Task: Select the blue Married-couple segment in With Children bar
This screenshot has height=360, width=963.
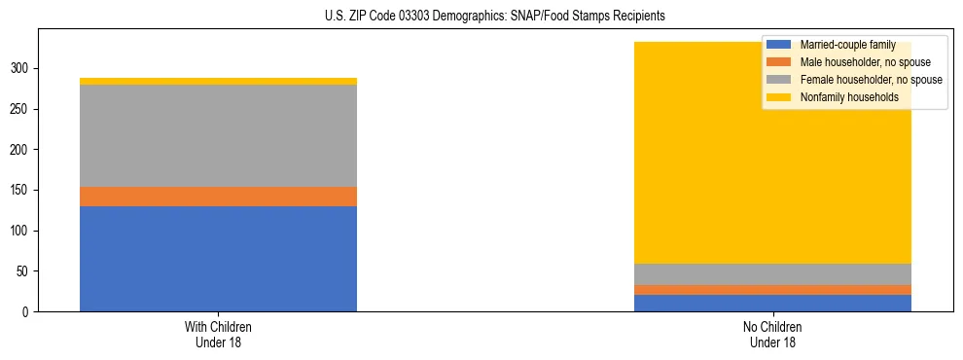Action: point(218,259)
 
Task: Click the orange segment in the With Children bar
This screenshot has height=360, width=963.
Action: point(218,197)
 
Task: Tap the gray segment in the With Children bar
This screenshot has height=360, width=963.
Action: point(218,135)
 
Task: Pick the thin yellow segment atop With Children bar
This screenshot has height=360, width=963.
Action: point(218,82)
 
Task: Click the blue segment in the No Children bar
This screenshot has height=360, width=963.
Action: point(773,303)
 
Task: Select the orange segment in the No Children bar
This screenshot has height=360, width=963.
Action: point(773,290)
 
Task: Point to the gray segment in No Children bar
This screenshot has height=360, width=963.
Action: point(773,274)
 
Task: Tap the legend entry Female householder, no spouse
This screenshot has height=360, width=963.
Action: point(870,80)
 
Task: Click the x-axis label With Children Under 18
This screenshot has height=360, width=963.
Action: point(218,334)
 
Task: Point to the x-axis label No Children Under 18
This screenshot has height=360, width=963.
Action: point(773,334)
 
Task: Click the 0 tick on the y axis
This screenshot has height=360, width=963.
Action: point(26,312)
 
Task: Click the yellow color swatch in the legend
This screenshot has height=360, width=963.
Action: point(779,97)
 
